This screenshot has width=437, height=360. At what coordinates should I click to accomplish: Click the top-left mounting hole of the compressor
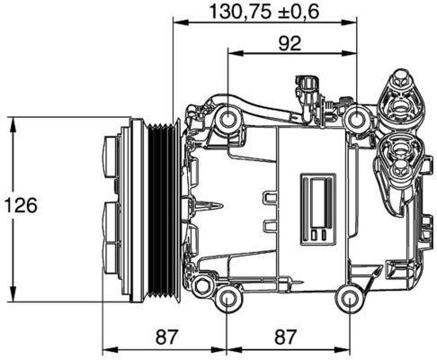[x=228, y=117]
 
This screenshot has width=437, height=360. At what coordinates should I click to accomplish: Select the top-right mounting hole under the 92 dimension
[x=361, y=117]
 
